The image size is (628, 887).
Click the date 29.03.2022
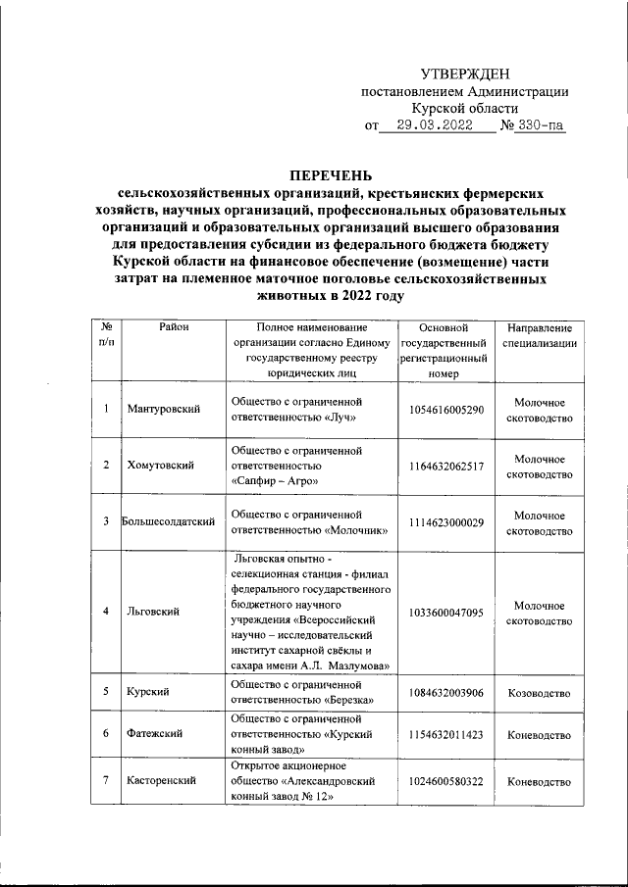(428, 125)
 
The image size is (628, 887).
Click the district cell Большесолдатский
(168, 521)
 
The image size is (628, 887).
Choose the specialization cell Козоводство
(539, 692)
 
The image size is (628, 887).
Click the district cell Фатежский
(155, 734)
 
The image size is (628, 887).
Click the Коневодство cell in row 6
(539, 734)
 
